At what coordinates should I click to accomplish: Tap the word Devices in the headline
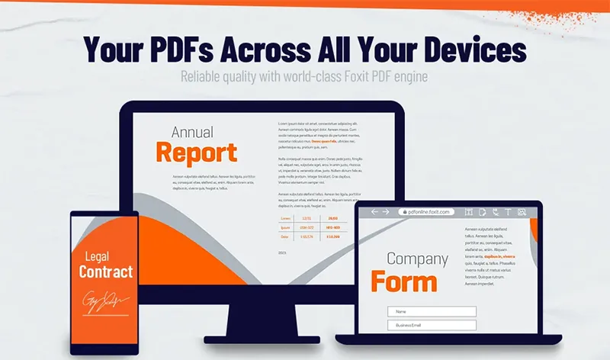(x=464, y=50)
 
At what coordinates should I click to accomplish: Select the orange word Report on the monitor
(x=196, y=153)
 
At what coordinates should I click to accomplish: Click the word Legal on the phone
(x=98, y=257)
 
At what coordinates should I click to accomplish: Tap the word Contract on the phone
(x=106, y=272)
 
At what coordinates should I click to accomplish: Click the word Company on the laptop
(x=416, y=259)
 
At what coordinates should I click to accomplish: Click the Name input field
(x=432, y=311)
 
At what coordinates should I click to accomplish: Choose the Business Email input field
(x=432, y=326)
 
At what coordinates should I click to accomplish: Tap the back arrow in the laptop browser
(x=374, y=212)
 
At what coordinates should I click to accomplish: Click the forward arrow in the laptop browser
(x=386, y=212)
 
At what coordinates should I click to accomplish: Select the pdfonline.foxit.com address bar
(x=426, y=212)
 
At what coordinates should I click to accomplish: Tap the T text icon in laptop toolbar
(x=509, y=212)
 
